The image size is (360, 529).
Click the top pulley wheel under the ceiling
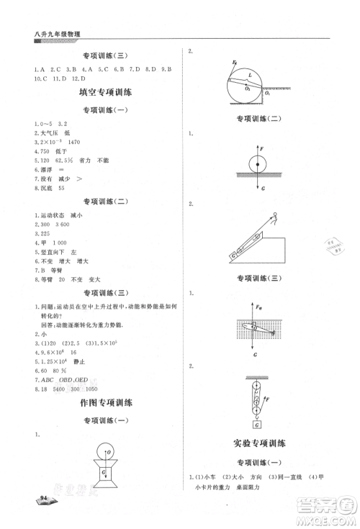[x=256, y=384]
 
